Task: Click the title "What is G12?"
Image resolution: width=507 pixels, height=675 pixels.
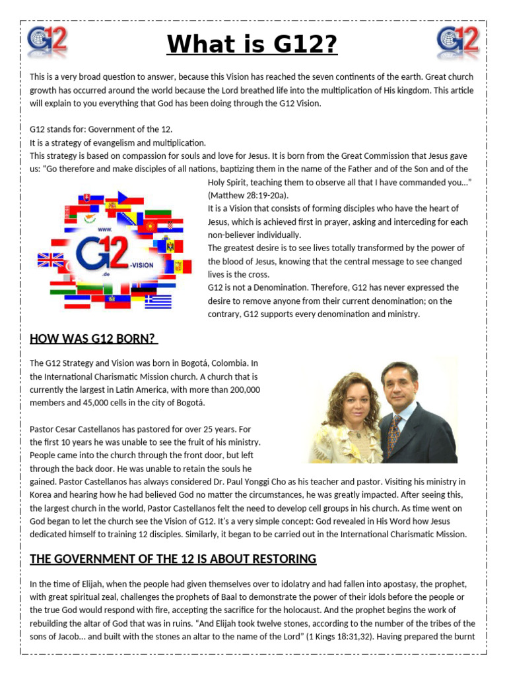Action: [x=252, y=45]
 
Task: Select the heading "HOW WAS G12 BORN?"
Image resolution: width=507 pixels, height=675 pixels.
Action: [x=93, y=339]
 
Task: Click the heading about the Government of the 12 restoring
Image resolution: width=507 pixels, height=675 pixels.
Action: [x=173, y=559]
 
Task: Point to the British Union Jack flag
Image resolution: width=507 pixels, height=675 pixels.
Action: [x=51, y=260]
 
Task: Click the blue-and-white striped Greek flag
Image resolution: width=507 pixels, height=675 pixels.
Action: [x=158, y=301]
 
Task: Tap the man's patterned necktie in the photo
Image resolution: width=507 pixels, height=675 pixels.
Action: [x=393, y=433]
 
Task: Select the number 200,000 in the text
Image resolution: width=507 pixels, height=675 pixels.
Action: [x=241, y=390]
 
